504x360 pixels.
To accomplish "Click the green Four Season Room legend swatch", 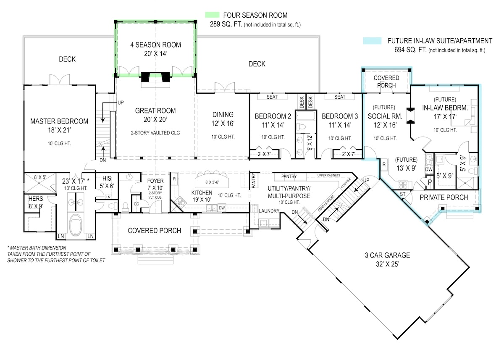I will [x=215, y=15].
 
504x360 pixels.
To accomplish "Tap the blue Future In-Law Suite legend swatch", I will [x=372, y=41].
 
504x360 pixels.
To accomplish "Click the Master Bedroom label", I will [x=59, y=121].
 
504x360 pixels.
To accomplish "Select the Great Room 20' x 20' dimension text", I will [x=155, y=120].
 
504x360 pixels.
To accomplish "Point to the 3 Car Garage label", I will [x=387, y=255].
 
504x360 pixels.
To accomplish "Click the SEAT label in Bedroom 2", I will [x=273, y=97].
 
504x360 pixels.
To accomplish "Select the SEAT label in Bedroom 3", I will [x=340, y=97].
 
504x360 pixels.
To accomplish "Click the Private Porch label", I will [x=444, y=197].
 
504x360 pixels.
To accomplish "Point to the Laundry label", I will [x=269, y=210].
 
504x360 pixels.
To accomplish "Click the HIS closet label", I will [x=106, y=178].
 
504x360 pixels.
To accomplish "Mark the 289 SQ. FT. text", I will [x=226, y=24].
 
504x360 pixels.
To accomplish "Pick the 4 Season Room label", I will [x=155, y=45].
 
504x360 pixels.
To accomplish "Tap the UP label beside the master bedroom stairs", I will [x=121, y=102].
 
